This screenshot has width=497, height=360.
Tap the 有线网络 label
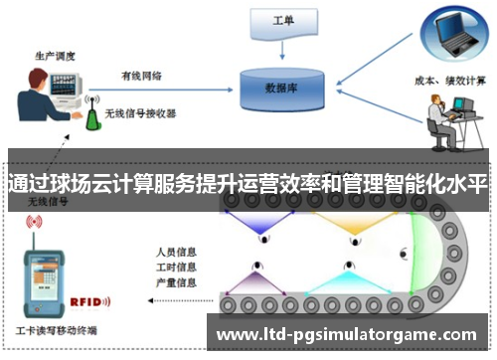point(141,75)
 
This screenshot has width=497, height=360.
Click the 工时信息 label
point(176,267)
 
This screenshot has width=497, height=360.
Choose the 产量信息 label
point(176,282)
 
